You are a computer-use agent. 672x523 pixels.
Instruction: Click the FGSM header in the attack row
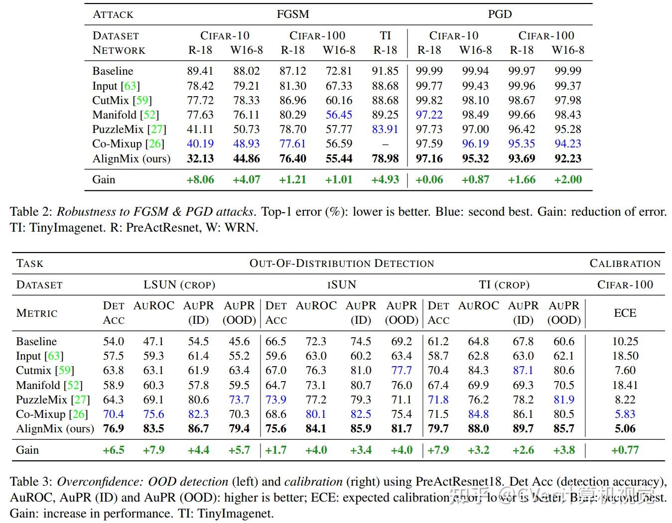(293, 14)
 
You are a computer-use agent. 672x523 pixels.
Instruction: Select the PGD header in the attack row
(500, 14)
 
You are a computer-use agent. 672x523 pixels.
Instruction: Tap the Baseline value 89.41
(200, 71)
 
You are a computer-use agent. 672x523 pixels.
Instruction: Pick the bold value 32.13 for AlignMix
(200, 158)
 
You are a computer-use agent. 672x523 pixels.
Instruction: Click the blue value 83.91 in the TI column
(385, 129)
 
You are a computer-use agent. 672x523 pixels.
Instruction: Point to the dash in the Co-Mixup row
(385, 144)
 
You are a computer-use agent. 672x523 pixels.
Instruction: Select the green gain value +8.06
(200, 179)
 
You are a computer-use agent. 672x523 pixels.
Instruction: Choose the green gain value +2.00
(568, 179)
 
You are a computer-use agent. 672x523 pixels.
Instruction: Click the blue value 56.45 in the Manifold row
(339, 115)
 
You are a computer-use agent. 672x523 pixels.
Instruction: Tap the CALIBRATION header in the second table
(625, 263)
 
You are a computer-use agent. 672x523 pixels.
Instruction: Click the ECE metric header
(625, 313)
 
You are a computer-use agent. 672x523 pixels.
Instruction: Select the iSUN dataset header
(342, 284)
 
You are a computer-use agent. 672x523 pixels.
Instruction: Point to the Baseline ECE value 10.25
(625, 341)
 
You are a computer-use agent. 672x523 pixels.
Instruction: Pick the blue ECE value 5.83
(625, 414)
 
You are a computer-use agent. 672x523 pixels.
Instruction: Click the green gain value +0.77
(625, 450)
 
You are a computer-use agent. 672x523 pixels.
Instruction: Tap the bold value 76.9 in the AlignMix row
(114, 428)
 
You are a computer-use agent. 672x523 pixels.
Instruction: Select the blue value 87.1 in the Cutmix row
(523, 370)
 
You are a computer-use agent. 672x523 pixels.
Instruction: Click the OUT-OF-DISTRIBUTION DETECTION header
(342, 263)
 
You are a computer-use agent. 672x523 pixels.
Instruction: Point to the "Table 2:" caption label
(31, 211)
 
